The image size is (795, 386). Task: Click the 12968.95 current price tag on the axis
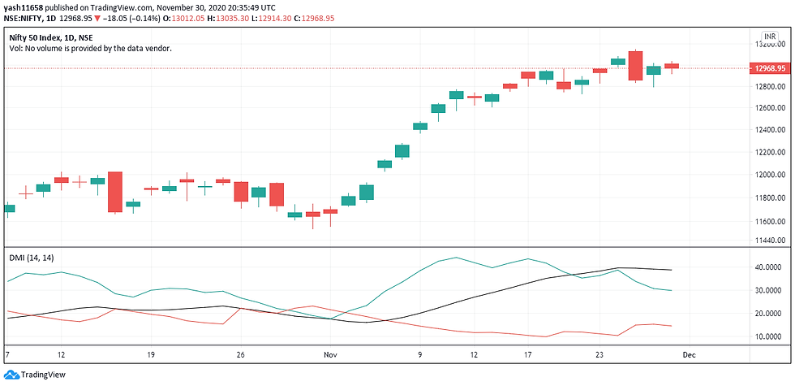769,68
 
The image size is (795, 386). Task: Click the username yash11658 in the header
24,6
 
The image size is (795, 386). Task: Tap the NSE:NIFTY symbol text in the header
29,17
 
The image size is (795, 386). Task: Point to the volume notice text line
91,48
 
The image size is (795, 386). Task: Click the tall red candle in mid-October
115,192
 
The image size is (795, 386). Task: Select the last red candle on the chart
672,66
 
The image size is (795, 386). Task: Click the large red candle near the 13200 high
635,66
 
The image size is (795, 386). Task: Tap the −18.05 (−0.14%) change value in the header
122,17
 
